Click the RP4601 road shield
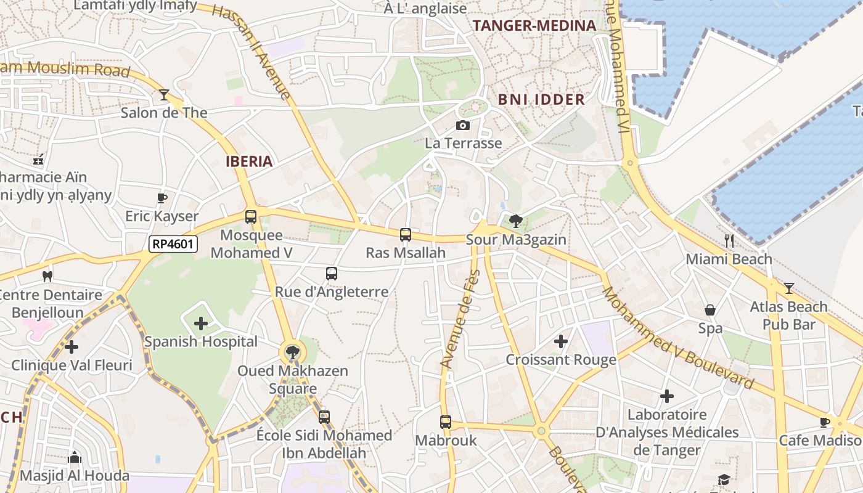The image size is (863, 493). coord(173,244)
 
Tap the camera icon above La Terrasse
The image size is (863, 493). coord(462,126)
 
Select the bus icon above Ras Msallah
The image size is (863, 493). coord(405,235)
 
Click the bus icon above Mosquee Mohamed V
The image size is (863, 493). coord(251,217)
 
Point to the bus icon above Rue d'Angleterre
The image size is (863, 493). coord(332,274)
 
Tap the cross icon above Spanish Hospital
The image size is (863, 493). coord(201,324)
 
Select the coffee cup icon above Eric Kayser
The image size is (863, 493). coord(162,198)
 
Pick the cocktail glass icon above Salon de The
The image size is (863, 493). coord(164,95)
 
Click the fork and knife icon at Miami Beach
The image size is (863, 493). coord(729,241)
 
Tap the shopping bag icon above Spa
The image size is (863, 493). coord(710,311)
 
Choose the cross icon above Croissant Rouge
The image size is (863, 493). coord(560,341)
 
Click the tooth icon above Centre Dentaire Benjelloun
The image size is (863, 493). coord(47,277)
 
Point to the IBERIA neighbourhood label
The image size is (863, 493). coord(249,161)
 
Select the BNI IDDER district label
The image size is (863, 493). coord(541,100)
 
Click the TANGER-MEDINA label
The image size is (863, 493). coord(534,25)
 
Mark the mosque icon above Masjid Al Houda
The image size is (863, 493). coord(75,457)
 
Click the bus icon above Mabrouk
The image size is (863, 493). coord(446,422)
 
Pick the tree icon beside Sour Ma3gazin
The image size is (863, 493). coord(516,221)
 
